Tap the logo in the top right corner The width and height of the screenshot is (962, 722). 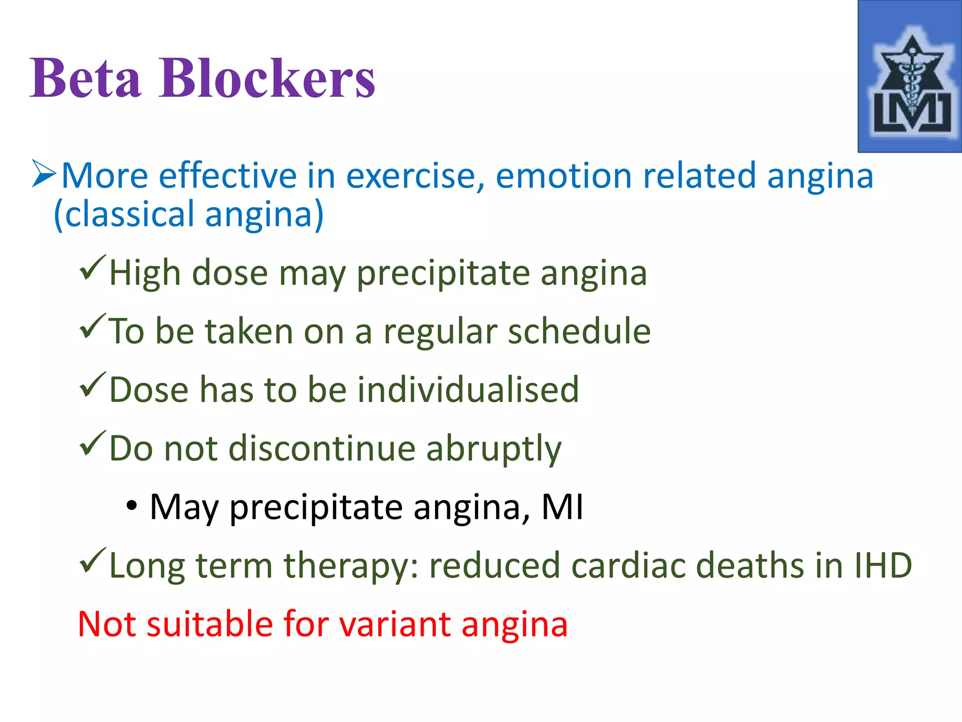[x=909, y=77]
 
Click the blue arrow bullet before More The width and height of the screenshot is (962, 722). [x=44, y=174]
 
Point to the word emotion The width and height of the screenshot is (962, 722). [x=564, y=176]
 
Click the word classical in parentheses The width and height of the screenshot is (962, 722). [x=129, y=214]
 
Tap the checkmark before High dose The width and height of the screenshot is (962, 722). [x=92, y=267]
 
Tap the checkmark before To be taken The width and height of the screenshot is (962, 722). [x=92, y=326]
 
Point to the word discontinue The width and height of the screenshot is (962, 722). [x=322, y=448]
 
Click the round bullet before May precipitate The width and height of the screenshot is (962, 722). [x=132, y=506]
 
